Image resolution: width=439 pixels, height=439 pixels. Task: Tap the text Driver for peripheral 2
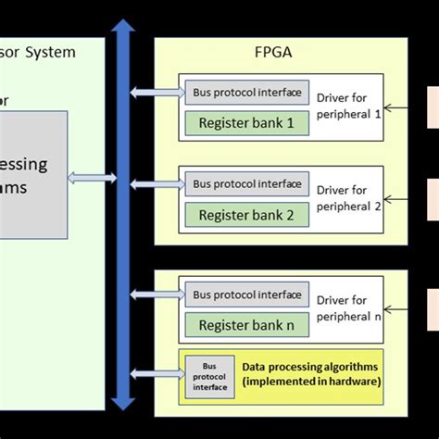coord(348,198)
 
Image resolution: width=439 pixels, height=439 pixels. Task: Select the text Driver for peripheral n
coord(348,308)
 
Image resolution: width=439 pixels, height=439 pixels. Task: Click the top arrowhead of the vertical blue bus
coord(121,28)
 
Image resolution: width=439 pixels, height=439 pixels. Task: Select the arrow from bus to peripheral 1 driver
coord(157,92)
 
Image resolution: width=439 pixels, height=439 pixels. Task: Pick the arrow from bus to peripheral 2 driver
coord(157,183)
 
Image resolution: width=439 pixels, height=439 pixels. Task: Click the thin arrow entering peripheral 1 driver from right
coord(402,107)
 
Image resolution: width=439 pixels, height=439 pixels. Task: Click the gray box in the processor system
coord(33,174)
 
